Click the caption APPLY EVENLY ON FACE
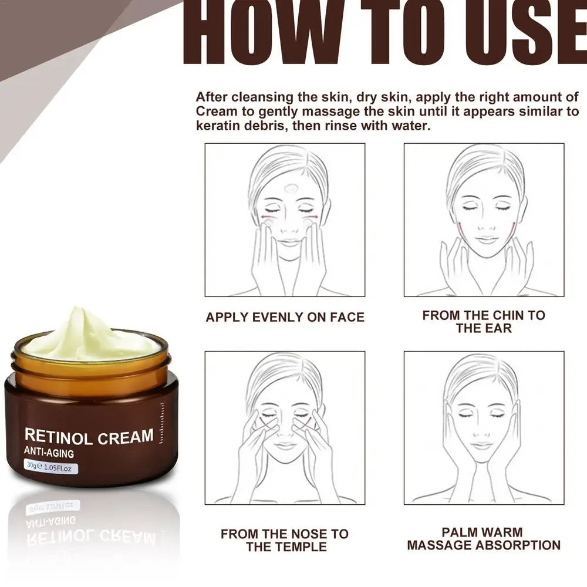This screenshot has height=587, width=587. point(285,318)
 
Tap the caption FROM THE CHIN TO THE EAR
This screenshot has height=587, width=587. point(484,322)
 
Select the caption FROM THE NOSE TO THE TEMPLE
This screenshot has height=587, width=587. point(285,540)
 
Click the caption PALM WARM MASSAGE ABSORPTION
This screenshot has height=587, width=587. point(484,538)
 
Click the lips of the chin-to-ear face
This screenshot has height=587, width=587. point(485,240)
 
